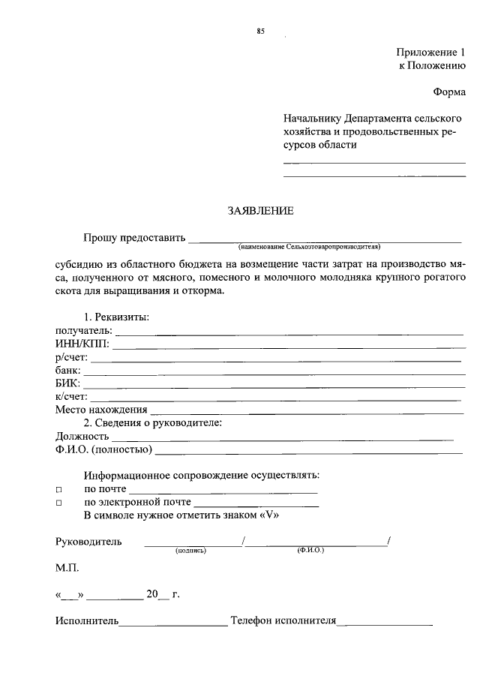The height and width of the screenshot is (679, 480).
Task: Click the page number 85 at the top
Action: pos(260,31)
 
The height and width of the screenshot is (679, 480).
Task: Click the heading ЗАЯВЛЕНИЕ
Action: pos(260,211)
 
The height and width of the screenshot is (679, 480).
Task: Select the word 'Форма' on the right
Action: pos(449,92)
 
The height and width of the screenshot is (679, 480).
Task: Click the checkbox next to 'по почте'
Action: pos(58,489)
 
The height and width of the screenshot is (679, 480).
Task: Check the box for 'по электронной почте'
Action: pos(58,503)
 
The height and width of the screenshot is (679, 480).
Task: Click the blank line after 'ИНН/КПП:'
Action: pos(289,347)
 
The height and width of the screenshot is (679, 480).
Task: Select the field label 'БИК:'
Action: pos(70,383)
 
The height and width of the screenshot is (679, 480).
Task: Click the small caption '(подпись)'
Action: pos(190,550)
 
